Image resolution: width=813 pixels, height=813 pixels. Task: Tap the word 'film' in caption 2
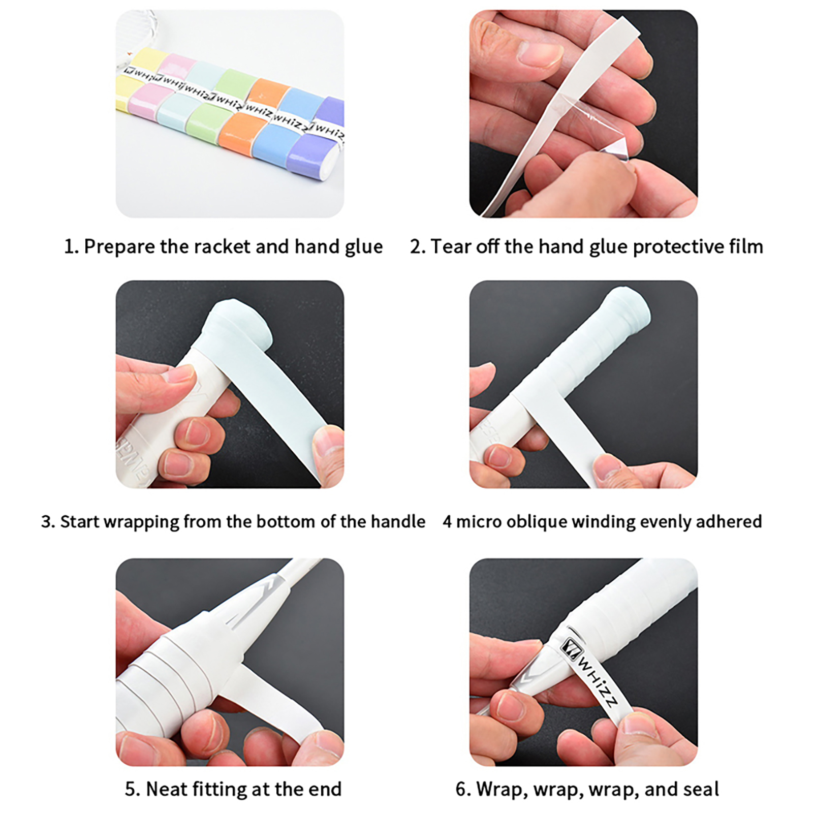(x=746, y=247)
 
